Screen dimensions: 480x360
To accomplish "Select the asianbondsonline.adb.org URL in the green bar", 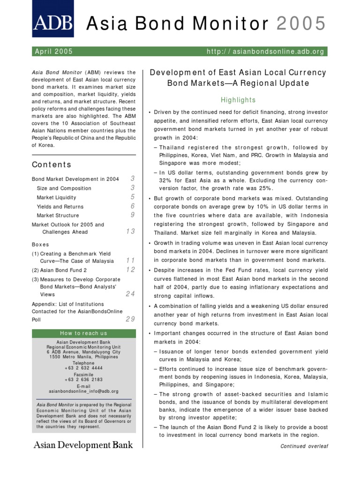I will click(265, 52).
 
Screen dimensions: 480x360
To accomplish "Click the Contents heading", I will click(52, 165).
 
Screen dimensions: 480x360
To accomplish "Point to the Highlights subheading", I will click(239, 100).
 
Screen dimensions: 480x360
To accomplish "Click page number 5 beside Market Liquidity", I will click(133, 197).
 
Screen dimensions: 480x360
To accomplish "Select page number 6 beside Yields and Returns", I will click(133, 206).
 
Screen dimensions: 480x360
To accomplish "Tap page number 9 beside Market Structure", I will click(133, 215).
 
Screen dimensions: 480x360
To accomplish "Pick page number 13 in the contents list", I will click(130, 232).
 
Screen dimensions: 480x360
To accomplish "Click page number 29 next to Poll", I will click(130, 319).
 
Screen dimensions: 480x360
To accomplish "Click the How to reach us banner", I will click(83, 333).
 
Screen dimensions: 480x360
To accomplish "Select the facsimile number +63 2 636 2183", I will click(83, 380).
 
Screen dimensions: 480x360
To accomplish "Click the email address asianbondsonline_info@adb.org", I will click(83, 391).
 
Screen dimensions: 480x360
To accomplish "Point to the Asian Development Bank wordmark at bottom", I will click(82, 444).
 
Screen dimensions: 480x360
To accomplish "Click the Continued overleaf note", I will click(304, 446).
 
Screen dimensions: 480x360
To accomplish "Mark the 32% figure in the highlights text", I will click(161, 180).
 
